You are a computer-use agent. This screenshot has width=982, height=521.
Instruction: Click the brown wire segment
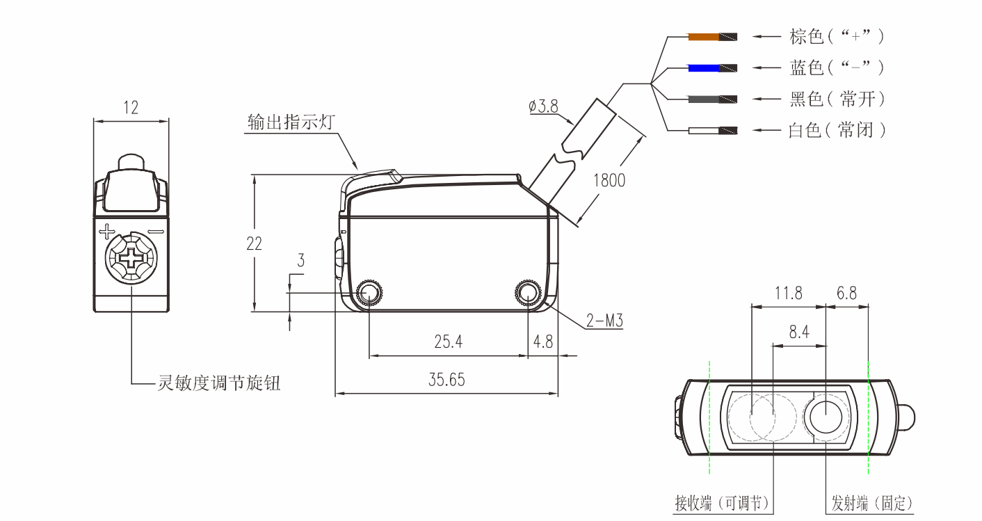coord(704,37)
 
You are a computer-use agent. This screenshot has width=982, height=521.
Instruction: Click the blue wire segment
coord(704,68)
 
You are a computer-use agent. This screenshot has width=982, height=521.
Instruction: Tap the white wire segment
coord(704,130)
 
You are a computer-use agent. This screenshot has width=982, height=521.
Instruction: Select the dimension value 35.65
coord(446,380)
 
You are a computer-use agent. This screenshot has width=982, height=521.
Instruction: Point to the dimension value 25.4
coord(448,342)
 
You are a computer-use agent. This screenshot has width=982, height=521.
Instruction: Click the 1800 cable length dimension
coord(609,180)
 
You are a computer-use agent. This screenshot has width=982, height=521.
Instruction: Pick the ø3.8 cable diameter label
coord(544,106)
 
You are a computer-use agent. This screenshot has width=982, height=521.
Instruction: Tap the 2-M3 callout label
coord(604,321)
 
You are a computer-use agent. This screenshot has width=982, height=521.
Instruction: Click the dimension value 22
coord(255,243)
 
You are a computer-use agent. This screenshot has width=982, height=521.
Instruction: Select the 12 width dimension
coord(131,107)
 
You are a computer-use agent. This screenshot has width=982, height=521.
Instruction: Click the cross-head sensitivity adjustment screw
coord(131,257)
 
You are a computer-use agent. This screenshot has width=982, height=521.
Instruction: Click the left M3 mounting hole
coord(369,292)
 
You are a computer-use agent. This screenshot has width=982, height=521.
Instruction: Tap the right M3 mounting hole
coord(529,292)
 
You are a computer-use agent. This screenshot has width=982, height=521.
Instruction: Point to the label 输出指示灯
coord(291,122)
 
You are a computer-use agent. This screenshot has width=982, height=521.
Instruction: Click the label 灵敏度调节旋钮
coord(219,383)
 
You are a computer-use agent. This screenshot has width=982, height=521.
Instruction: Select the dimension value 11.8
coord(789,293)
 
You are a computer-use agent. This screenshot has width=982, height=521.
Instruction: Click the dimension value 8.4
coord(799,332)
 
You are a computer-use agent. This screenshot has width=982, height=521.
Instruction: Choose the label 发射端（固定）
coord(872,504)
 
